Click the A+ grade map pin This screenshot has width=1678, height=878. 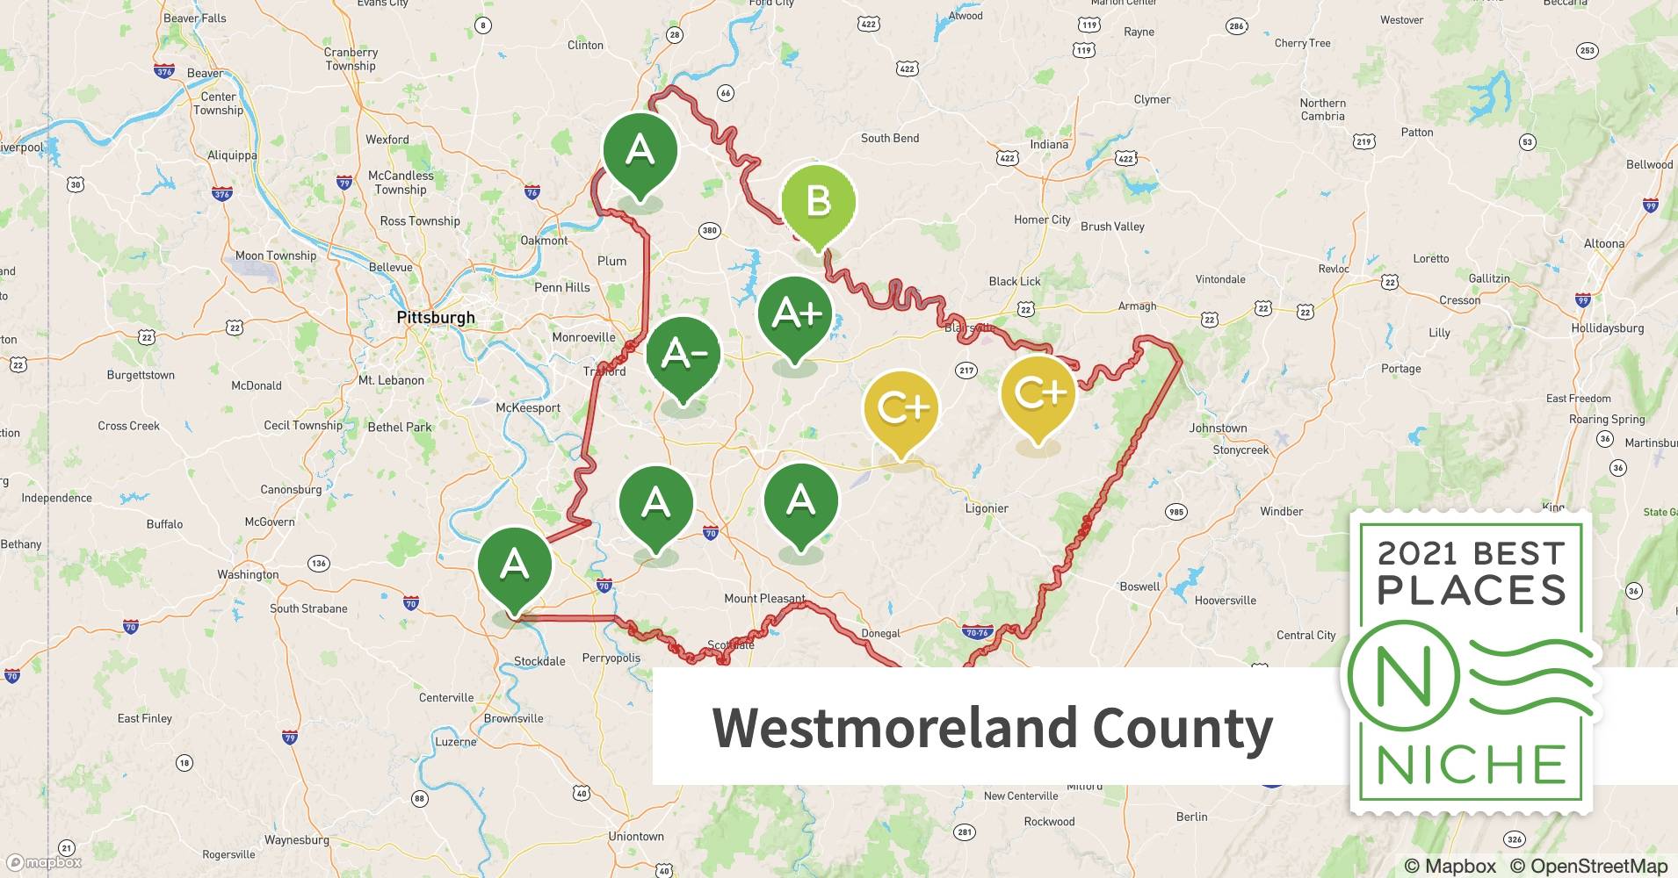(796, 314)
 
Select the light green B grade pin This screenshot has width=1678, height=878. (818, 201)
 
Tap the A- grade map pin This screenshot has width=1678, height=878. (683, 354)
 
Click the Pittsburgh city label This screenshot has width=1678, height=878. (436, 318)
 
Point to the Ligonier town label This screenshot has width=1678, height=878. (987, 508)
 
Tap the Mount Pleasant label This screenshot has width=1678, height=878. (764, 599)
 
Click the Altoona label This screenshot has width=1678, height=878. (1604, 244)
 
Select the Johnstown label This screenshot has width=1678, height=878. (1218, 428)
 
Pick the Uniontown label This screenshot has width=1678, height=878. (636, 837)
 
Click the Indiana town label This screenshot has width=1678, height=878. (1049, 145)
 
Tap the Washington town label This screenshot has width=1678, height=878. (248, 575)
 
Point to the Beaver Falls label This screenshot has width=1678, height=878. (194, 18)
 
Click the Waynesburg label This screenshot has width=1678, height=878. (297, 840)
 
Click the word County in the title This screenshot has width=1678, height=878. (1182, 728)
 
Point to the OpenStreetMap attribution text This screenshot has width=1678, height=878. (1588, 867)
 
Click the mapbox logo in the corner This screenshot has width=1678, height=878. (44, 862)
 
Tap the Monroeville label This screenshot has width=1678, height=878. (583, 338)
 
